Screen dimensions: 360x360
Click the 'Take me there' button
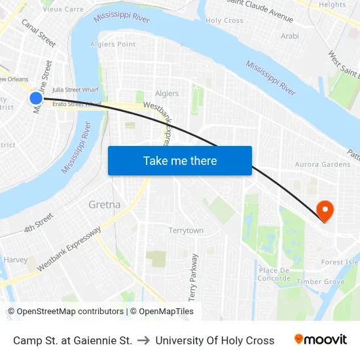point(179,160)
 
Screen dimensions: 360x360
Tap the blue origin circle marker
point(36,98)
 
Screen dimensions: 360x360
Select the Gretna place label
point(104,205)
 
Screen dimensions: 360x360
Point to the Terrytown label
point(186,230)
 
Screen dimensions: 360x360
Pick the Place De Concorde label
point(274,274)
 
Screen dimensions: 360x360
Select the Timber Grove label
point(321,281)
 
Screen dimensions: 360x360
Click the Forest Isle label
point(340,262)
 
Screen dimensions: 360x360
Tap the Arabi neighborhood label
point(289,36)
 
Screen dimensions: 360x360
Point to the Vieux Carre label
point(63,9)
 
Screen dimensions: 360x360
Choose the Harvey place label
point(16,260)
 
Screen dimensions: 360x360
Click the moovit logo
point(320,340)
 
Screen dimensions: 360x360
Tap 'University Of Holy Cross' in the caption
point(215,340)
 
